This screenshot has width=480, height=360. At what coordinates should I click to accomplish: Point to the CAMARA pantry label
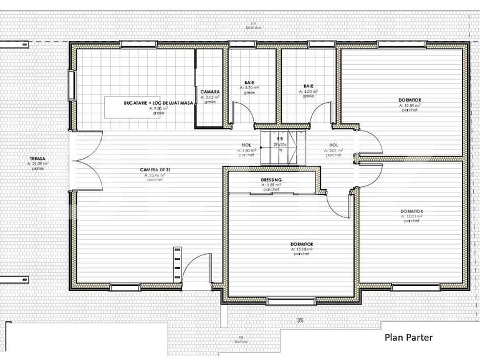210,92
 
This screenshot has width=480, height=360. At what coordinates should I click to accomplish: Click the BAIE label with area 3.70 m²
249,84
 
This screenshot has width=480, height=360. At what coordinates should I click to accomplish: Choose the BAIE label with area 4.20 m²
308,86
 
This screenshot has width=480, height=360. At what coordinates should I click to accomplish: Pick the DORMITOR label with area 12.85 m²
410,100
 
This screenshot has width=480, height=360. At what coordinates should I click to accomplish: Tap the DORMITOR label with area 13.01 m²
412,212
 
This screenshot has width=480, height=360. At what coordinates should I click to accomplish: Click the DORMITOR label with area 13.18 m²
302,244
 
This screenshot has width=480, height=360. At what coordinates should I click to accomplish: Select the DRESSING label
271,180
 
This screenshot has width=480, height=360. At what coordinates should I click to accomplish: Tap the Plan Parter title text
408,338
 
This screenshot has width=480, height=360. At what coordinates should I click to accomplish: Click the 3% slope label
300,321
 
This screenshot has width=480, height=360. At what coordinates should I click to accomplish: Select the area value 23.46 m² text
154,176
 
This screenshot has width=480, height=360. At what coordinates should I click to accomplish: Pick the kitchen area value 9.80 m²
157,108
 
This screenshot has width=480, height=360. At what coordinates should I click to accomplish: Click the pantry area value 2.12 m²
210,97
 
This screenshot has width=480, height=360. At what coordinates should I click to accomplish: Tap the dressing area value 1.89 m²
271,185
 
